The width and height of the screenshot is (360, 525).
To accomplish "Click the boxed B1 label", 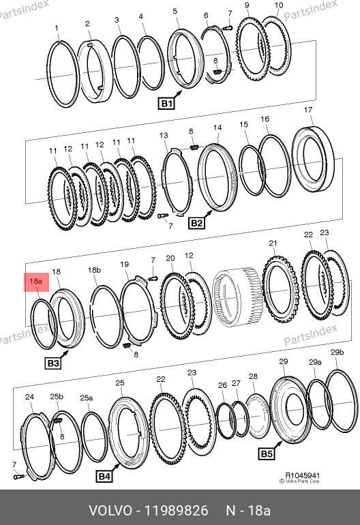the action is (x=166, y=104).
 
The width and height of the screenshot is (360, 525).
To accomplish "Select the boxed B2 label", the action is (x=196, y=223).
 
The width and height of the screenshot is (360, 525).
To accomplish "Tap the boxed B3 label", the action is (x=53, y=363).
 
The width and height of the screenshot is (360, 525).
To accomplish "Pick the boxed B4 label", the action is (x=104, y=476).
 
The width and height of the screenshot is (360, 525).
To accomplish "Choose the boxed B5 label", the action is (x=267, y=453).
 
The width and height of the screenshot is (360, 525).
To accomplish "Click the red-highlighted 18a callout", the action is (x=37, y=282).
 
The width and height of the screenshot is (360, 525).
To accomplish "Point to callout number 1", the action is (x=57, y=28).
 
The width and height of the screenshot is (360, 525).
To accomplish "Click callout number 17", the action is (x=308, y=110).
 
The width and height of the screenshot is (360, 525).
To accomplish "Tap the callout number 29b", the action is (x=337, y=352).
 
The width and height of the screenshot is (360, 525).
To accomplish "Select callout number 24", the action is (x=29, y=397).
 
